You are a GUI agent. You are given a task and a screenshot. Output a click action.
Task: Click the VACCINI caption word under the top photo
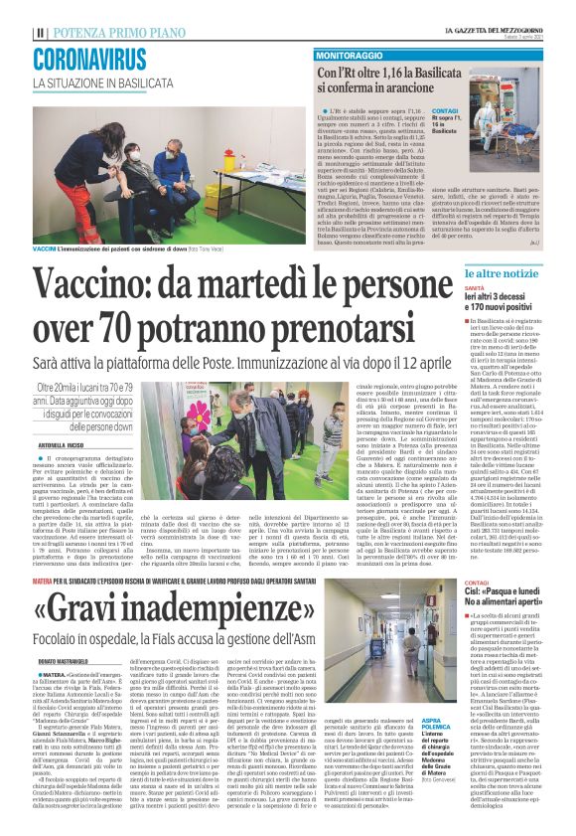(x=44, y=246)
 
